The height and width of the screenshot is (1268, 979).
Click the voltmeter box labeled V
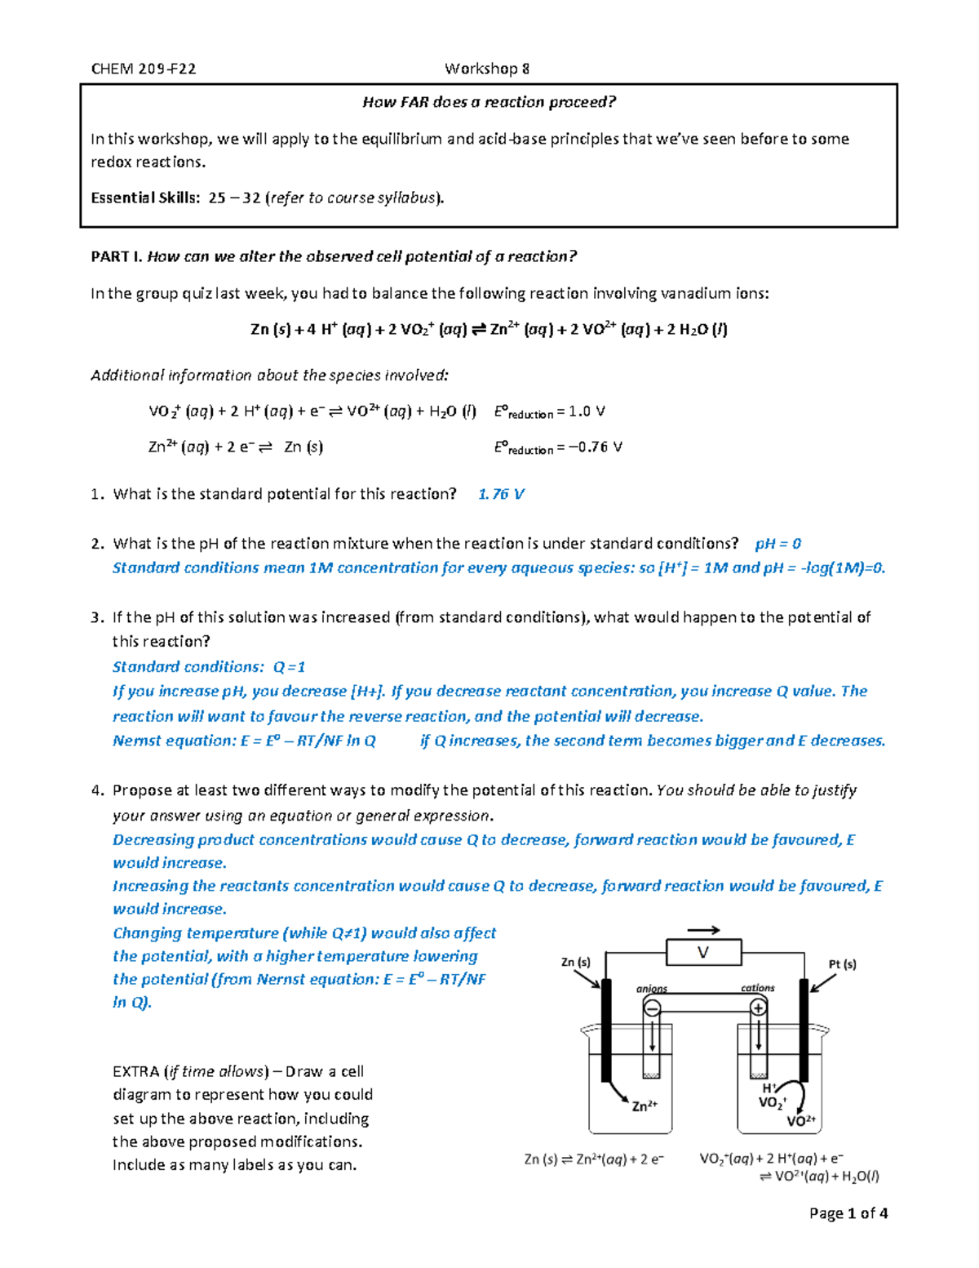tap(703, 952)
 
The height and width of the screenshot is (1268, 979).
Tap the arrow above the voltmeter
tap(703, 930)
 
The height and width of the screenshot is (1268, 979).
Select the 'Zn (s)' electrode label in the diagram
tap(576, 962)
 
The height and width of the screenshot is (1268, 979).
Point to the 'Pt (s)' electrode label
tap(842, 964)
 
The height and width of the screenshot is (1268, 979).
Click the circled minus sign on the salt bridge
tap(652, 1009)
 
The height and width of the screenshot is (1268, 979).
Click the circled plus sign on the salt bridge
tap(759, 1008)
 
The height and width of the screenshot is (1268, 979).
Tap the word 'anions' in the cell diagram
tap(652, 989)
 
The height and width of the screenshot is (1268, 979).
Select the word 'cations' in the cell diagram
tap(757, 988)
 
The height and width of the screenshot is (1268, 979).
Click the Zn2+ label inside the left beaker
tap(645, 1106)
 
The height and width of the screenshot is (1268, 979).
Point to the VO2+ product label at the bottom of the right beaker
tap(800, 1121)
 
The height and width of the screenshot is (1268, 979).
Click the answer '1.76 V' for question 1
tap(501, 494)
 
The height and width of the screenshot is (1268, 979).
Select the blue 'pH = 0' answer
tap(777, 544)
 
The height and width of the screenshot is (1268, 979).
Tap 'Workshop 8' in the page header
tap(487, 69)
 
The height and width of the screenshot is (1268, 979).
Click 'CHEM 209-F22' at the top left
tap(144, 69)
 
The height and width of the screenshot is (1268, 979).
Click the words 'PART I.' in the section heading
tap(117, 256)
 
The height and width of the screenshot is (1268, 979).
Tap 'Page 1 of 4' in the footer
tap(848, 1213)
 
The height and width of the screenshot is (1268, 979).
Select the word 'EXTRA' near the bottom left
tap(135, 1071)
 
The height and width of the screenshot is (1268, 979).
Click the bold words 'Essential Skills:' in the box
tap(145, 198)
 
